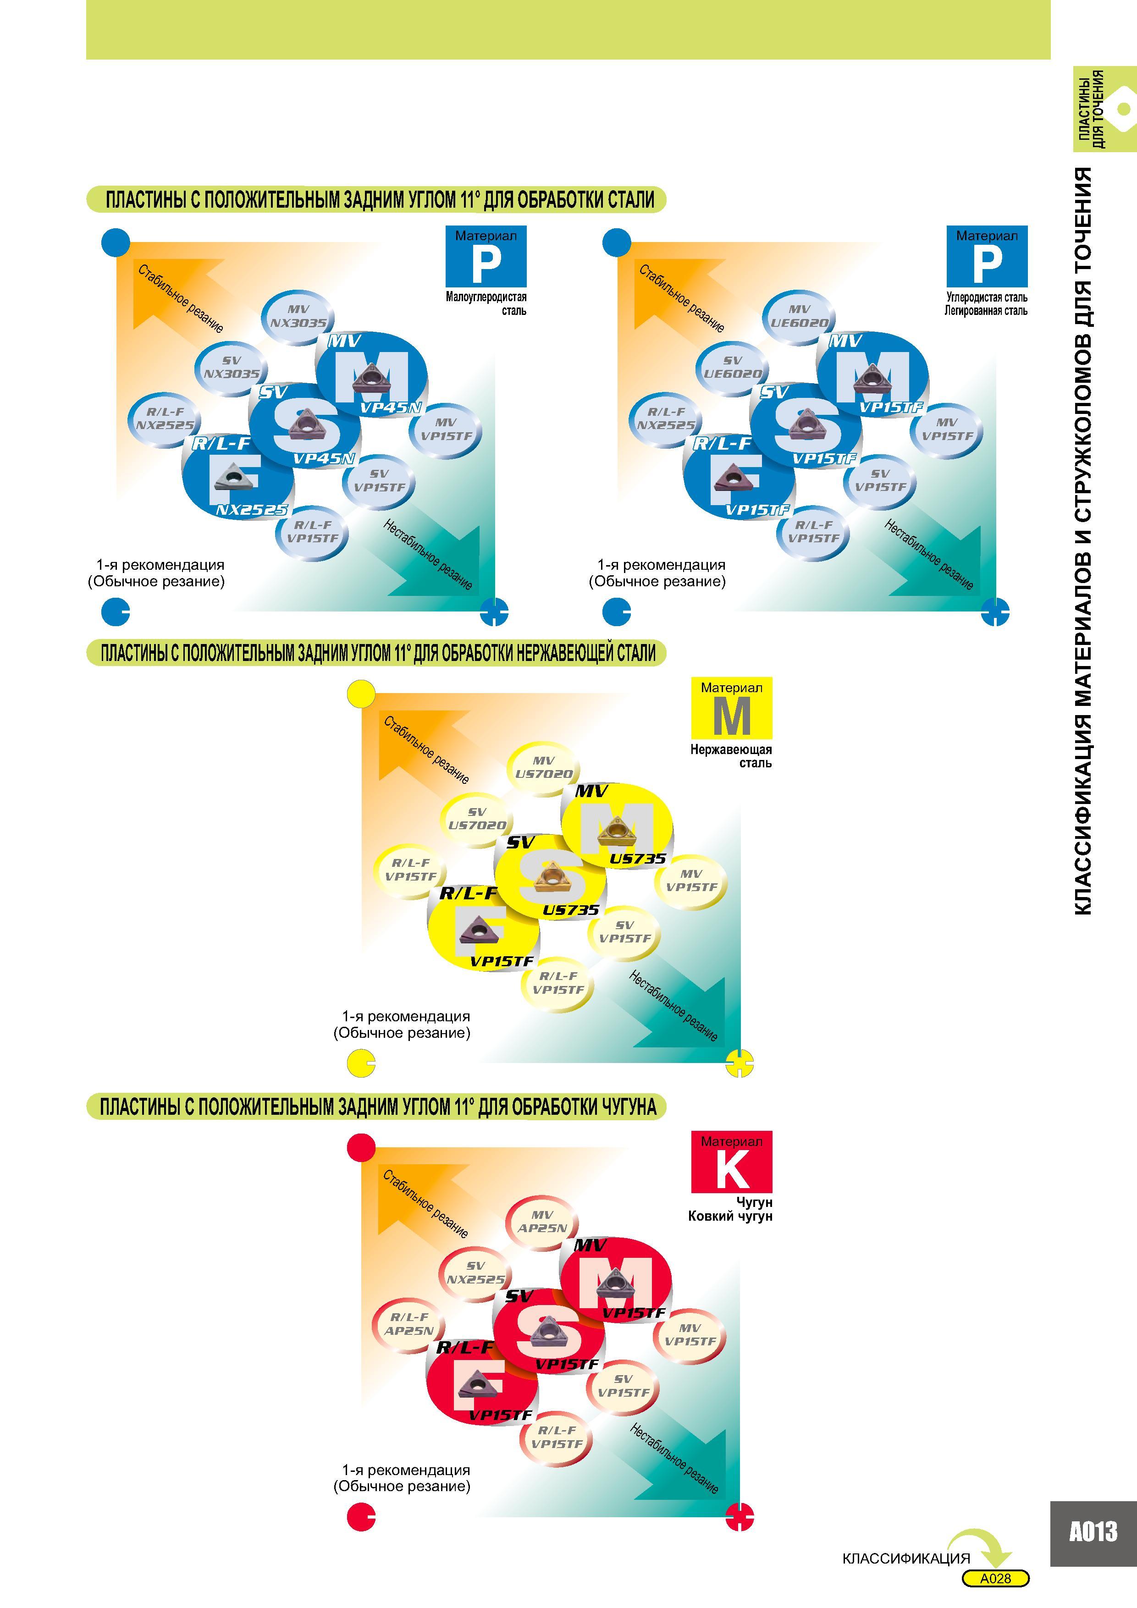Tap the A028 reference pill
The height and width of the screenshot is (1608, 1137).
[x=995, y=1579]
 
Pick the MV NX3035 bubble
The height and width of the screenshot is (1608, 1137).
[x=298, y=317]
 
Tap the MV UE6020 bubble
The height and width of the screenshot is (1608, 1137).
[x=799, y=317]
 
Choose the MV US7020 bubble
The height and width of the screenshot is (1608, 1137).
[x=544, y=768]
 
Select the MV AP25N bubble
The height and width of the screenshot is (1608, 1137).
[x=542, y=1222]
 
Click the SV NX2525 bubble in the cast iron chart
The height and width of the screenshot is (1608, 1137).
[x=476, y=1272]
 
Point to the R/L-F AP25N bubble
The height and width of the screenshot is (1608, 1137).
[x=409, y=1324]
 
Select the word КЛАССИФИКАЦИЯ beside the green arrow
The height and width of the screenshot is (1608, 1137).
[x=906, y=1558]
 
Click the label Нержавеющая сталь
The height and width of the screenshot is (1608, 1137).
[x=731, y=756]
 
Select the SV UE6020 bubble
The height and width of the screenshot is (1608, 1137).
[x=732, y=367]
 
